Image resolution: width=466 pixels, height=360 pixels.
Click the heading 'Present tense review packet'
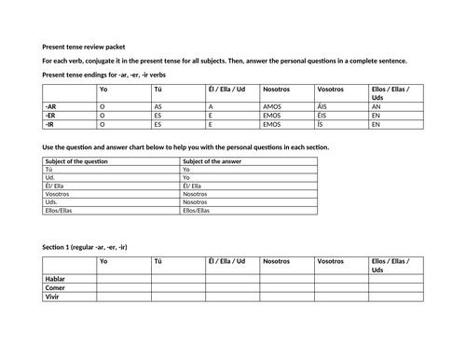pos(89,47)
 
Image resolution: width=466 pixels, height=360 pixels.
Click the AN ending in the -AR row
pos(376,107)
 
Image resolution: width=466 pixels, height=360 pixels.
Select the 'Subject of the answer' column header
pos(214,161)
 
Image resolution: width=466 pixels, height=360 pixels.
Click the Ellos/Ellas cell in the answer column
pos(197,210)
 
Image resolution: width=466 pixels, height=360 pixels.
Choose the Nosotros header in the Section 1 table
pos(277,262)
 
